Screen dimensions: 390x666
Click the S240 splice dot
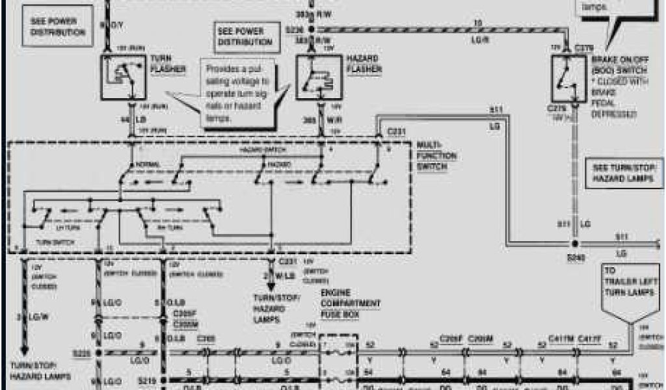574,249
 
